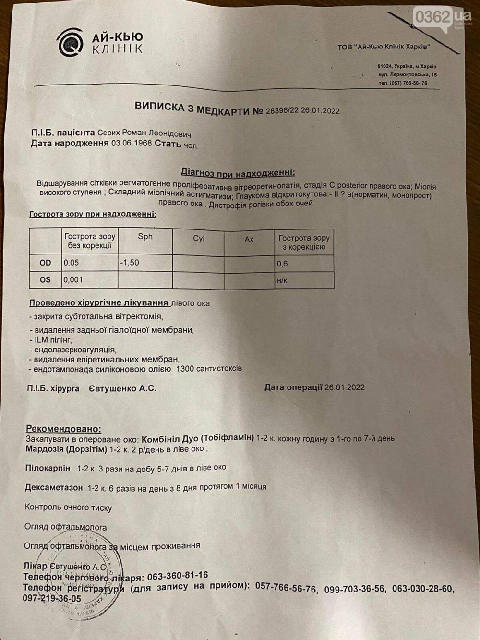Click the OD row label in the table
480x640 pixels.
pos(45,263)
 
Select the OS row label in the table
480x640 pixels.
pos(45,279)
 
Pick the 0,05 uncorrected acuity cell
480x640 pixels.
pos(71,263)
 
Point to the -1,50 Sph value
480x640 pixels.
pos(130,263)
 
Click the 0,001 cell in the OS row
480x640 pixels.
pos(73,279)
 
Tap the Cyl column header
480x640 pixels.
pos(198,239)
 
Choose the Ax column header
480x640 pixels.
pos(249,239)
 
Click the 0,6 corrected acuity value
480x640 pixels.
pos(282,264)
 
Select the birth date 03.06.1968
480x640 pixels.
pos(132,144)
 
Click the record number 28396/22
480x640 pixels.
pos(283,111)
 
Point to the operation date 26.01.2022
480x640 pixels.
pos(344,387)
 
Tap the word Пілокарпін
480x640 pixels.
pos(48,468)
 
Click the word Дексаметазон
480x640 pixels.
pos(54,487)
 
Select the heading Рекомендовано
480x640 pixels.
pos(64,429)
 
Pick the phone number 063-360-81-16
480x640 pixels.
pos(178,575)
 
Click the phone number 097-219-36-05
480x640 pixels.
pos(52,599)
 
